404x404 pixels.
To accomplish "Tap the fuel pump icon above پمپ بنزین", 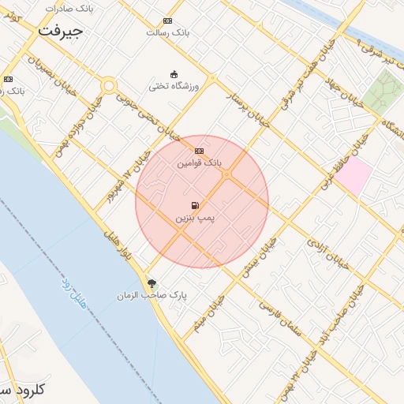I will [195, 205].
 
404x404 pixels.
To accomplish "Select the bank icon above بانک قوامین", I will [199, 151].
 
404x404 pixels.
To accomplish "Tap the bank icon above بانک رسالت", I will [167, 21].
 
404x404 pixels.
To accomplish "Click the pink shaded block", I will [354, 175].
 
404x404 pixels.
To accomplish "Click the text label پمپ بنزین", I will [194, 216].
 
